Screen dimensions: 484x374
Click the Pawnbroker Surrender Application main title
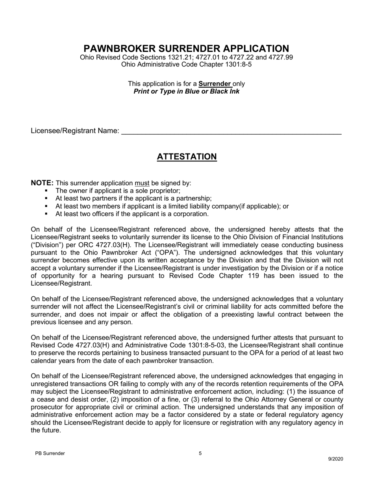tap(186, 48)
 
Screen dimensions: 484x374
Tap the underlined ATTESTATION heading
tap(187, 157)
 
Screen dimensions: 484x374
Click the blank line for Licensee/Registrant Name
tap(231, 131)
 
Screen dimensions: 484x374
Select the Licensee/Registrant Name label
tap(75, 131)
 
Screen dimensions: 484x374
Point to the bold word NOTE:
tap(42, 183)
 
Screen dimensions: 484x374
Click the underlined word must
tap(142, 183)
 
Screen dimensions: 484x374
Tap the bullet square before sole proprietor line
tap(46, 191)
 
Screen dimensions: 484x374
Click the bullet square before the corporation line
tap(46, 214)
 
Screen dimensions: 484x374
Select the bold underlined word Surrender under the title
tap(215, 84)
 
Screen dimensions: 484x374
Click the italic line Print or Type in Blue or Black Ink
tap(186, 91)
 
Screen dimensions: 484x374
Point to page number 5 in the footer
tap(200, 453)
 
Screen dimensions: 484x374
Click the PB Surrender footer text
tap(50, 453)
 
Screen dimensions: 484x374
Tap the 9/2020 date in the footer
tap(336, 459)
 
